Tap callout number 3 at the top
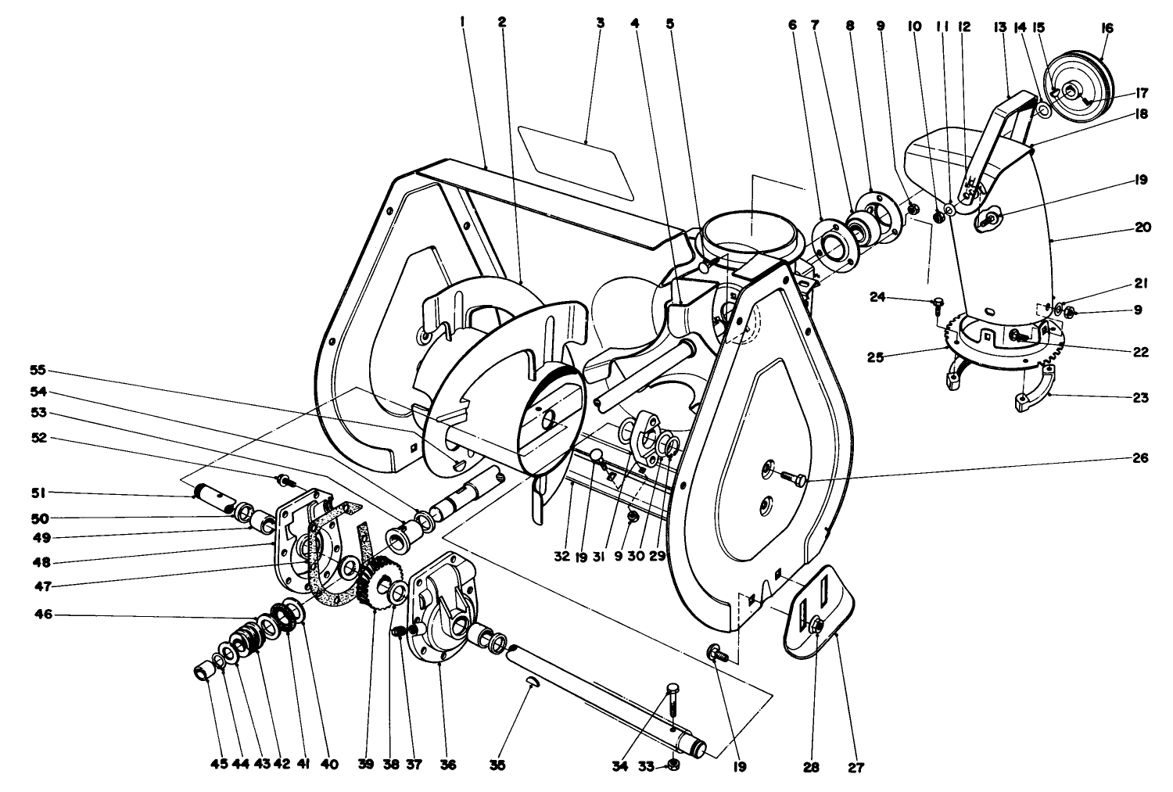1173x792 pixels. click(600, 23)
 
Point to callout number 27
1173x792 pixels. click(856, 767)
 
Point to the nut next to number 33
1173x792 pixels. click(674, 765)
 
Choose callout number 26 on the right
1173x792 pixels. click(1141, 457)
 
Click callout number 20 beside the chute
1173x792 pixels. click(1141, 228)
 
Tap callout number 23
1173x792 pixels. click(1141, 398)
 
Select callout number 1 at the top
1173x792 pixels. click(463, 23)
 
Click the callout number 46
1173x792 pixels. click(43, 615)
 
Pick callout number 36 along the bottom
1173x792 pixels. click(447, 764)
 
